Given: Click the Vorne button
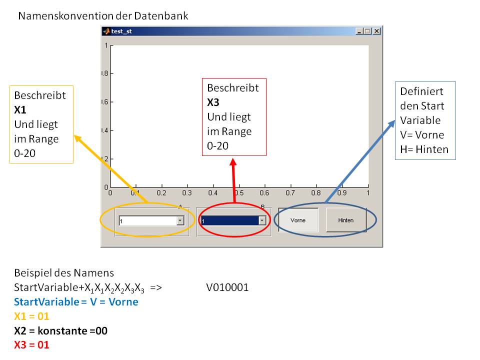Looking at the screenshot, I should [x=298, y=220].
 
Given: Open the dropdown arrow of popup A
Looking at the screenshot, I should [x=180, y=220].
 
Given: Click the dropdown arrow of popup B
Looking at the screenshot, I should [x=261, y=220].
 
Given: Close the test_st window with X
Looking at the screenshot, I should [x=376, y=31].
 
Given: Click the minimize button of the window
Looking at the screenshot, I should [x=359, y=31].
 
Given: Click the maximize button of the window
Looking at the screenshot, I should [x=368, y=31].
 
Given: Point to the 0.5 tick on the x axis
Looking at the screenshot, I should [x=239, y=192].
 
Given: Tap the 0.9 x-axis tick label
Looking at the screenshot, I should [x=342, y=192].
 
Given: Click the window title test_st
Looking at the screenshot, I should [x=121, y=31].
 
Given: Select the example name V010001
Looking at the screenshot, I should [x=227, y=287].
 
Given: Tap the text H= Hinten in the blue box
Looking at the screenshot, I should [x=424, y=149].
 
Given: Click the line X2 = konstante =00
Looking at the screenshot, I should [x=61, y=330].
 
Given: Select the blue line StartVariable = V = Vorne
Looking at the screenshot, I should [x=76, y=302].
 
